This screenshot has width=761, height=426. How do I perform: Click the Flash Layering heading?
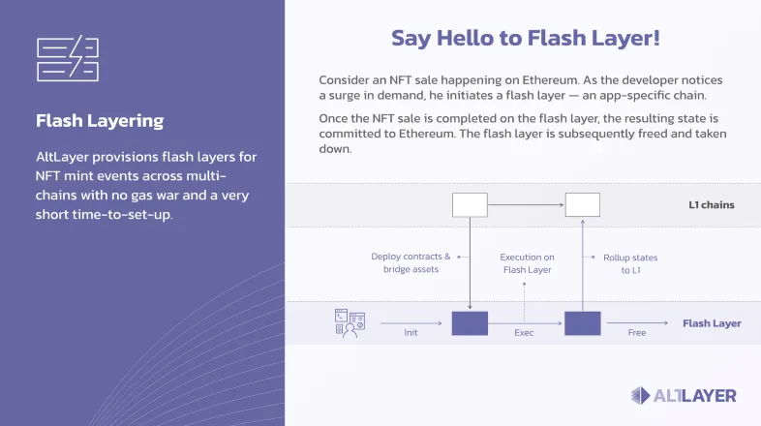(x=100, y=121)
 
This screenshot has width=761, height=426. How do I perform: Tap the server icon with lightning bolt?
(x=66, y=59)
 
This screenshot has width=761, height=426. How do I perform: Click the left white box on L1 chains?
(x=470, y=204)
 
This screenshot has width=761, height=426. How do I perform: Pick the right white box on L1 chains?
(x=583, y=204)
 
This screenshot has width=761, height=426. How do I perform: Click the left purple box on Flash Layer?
(x=470, y=323)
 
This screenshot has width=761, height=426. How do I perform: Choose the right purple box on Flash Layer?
(x=583, y=323)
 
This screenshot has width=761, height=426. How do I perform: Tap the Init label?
(x=411, y=333)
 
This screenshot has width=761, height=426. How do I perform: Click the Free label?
(x=636, y=333)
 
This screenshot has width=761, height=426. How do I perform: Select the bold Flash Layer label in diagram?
(x=712, y=323)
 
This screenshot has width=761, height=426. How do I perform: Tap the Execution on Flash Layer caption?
(x=527, y=263)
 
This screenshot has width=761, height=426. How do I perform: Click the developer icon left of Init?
(x=349, y=322)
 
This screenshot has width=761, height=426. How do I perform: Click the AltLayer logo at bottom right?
(x=684, y=395)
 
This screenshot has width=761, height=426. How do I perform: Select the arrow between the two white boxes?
(x=526, y=204)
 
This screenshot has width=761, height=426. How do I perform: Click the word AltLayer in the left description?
(x=65, y=156)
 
